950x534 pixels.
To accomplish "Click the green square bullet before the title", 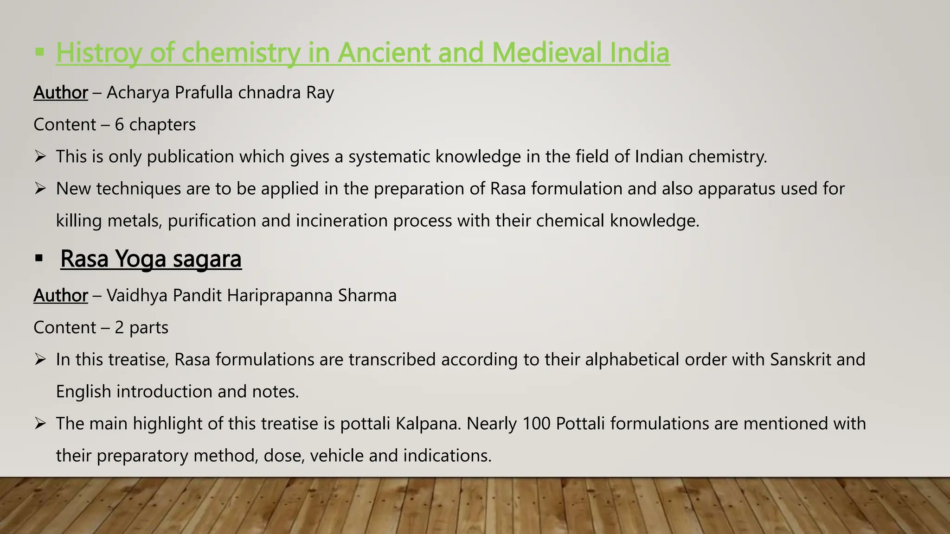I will point(40,52).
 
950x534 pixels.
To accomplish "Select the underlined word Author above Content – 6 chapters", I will point(61,93).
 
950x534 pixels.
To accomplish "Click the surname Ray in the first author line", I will point(320,93).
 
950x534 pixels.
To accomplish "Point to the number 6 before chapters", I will point(119,125).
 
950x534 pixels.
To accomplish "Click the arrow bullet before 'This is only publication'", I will point(40,157).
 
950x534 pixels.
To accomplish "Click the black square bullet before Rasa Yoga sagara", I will point(39,258).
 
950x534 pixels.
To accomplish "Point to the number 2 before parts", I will point(119,328).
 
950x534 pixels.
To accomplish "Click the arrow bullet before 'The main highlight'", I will point(40,424).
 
